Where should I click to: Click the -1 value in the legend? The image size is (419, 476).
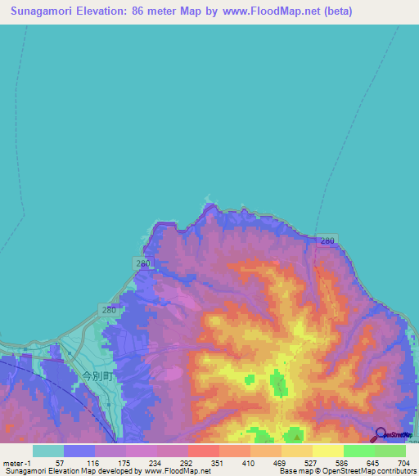[29, 462]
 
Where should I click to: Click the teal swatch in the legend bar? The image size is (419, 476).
[47, 451]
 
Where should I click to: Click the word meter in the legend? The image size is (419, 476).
[13, 462]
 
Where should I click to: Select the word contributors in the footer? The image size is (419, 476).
[393, 471]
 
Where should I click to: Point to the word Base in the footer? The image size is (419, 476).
[286, 471]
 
